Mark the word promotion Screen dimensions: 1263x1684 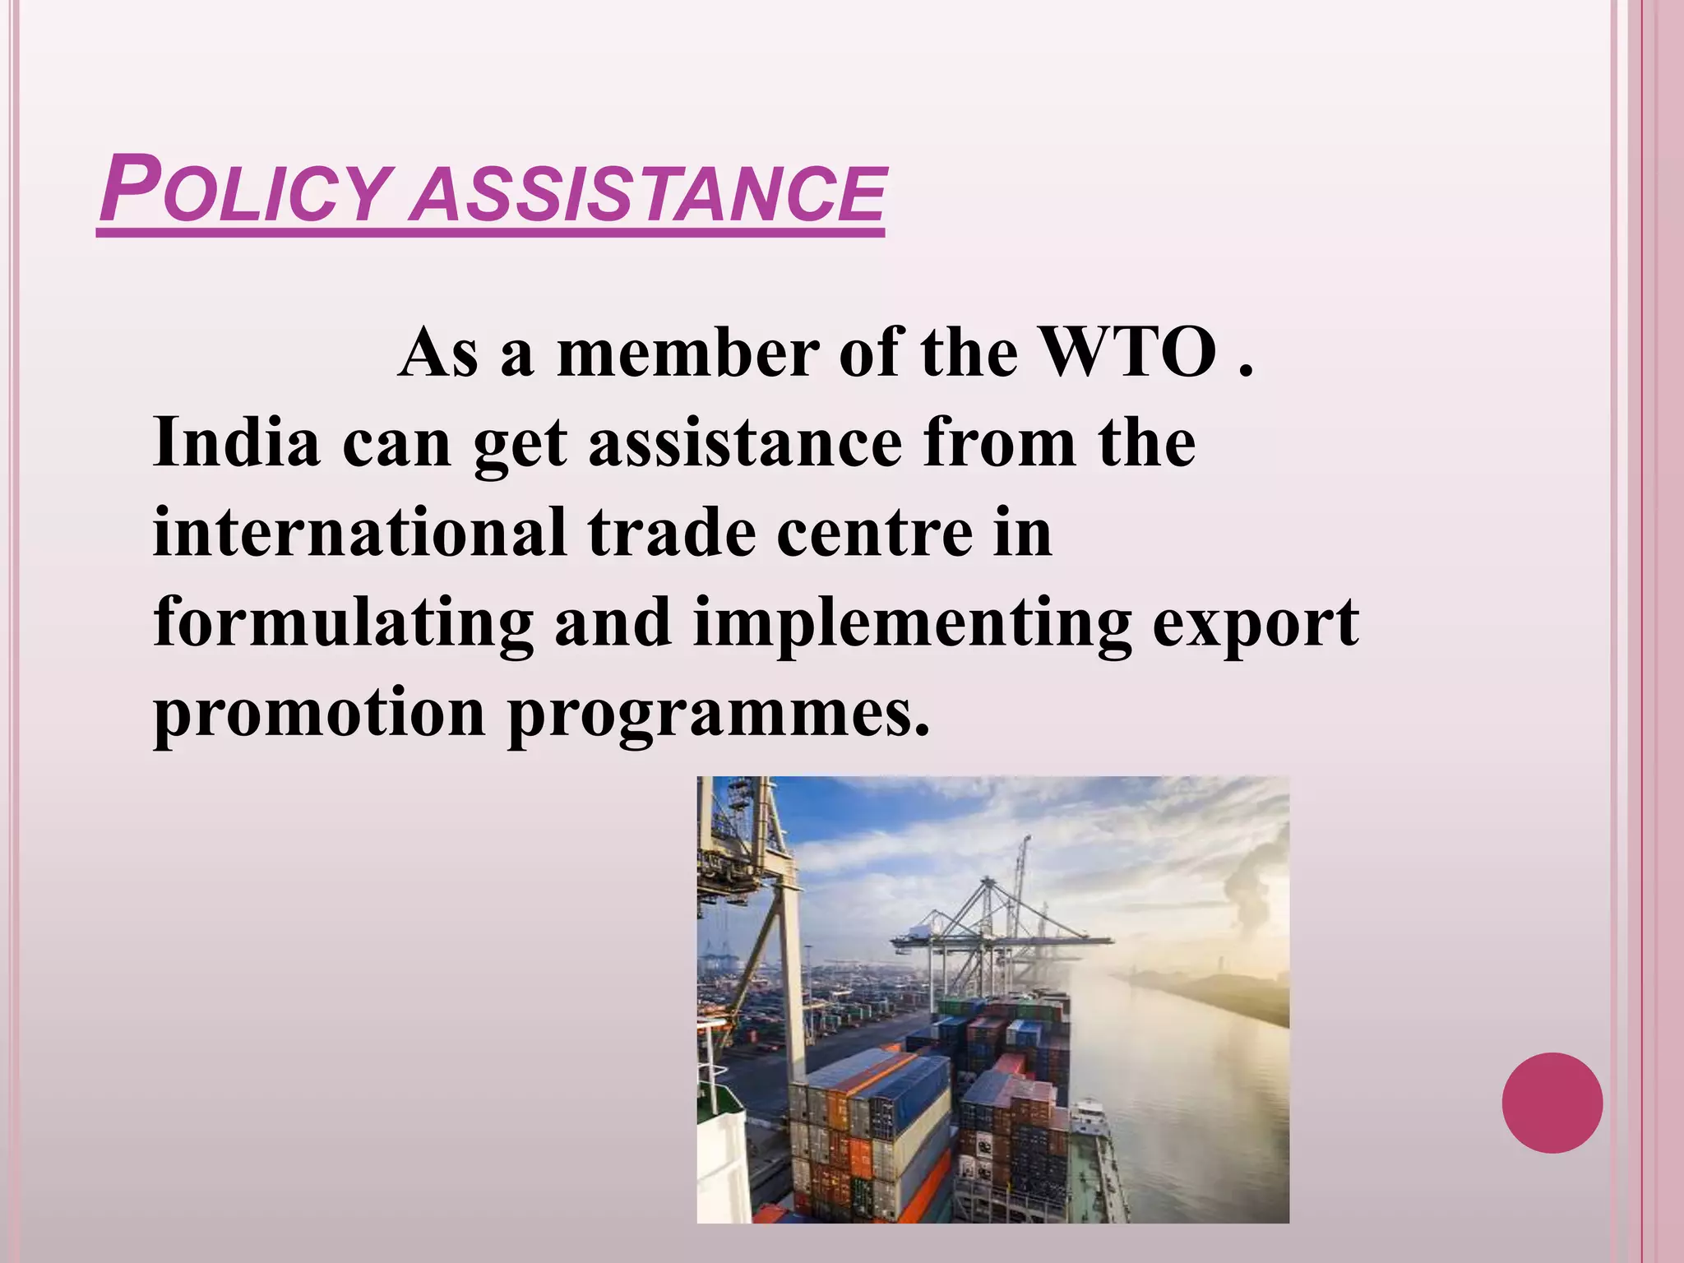[x=319, y=714]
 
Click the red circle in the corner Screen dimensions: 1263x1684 [x=1552, y=1103]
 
